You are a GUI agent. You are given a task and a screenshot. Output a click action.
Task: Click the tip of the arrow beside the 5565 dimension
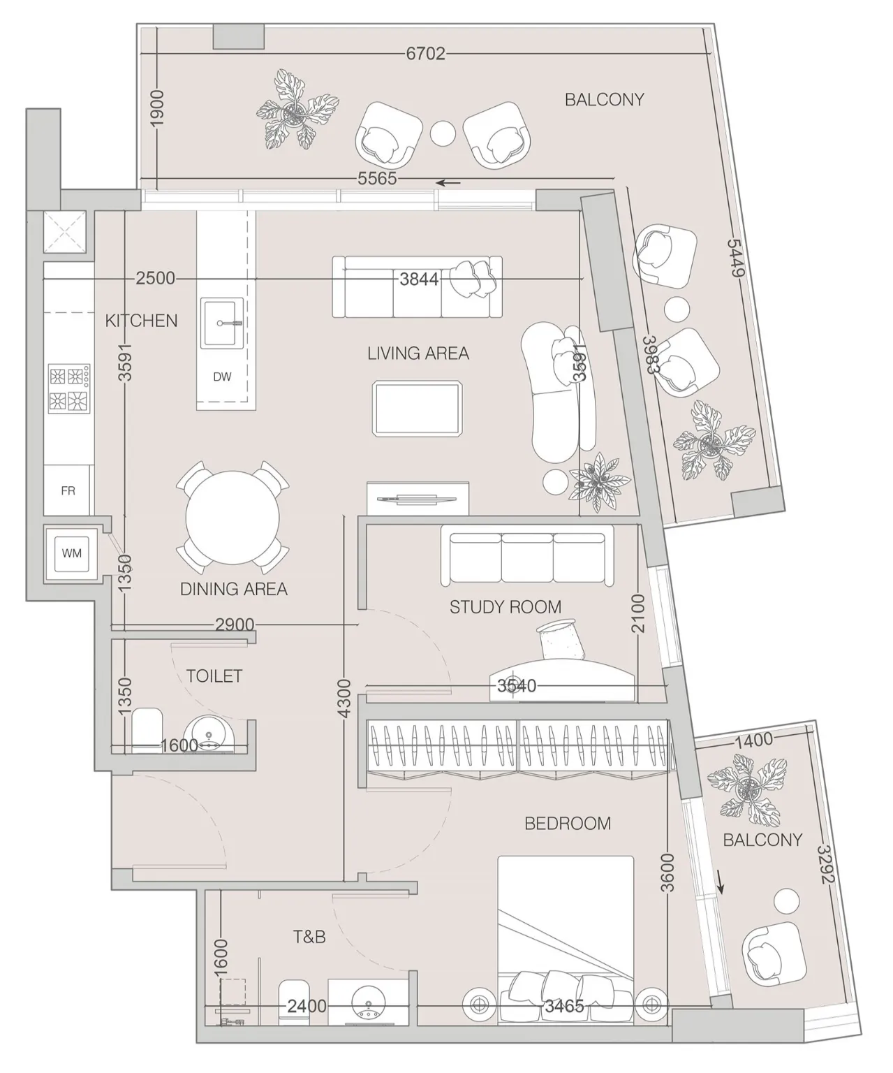pos(436,182)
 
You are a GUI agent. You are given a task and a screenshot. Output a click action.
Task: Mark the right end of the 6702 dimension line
pos(712,53)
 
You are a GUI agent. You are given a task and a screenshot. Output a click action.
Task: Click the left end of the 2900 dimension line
pos(112,625)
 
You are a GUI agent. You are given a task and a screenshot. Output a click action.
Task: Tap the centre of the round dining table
pos(233,518)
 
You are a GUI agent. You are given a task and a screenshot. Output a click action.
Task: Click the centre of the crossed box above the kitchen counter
pos(65,232)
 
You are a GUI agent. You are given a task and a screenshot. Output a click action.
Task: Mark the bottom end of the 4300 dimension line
pos(344,881)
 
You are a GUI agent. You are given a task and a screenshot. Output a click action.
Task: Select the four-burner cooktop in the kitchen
pos(69,388)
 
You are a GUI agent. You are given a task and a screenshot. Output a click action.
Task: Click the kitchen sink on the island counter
pos(222,323)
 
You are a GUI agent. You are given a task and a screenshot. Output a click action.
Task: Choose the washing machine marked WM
pos(71,553)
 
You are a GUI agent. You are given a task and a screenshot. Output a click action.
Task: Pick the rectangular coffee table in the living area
pos(418,409)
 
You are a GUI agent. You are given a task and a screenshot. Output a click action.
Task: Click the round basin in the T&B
pos(369,1004)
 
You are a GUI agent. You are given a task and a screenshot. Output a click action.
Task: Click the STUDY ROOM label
pos(505,607)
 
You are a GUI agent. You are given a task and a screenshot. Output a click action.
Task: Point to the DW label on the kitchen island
pos(222,377)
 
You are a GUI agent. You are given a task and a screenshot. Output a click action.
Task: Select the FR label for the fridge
pos(68,491)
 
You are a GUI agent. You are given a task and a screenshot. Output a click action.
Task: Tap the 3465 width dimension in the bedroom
pos(564,1006)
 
